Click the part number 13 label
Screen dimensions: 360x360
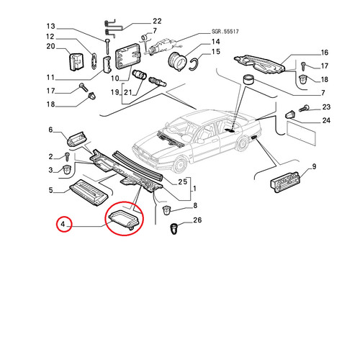50,26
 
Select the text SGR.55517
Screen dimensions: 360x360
225,32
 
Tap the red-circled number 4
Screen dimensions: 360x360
63,224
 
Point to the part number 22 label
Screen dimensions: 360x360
157,21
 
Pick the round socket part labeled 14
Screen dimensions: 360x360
177,61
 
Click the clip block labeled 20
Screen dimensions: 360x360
76,62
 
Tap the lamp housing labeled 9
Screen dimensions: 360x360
285,182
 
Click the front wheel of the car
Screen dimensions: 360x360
180,165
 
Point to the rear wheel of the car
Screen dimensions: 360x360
242,143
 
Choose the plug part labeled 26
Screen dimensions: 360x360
174,229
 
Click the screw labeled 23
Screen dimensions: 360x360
303,109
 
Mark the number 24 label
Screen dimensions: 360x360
326,120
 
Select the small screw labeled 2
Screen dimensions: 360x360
67,157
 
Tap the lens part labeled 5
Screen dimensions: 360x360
89,192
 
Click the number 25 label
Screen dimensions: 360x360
182,182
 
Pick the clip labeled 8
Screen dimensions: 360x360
166,210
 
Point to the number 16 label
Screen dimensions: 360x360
324,53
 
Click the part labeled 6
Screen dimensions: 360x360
76,139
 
